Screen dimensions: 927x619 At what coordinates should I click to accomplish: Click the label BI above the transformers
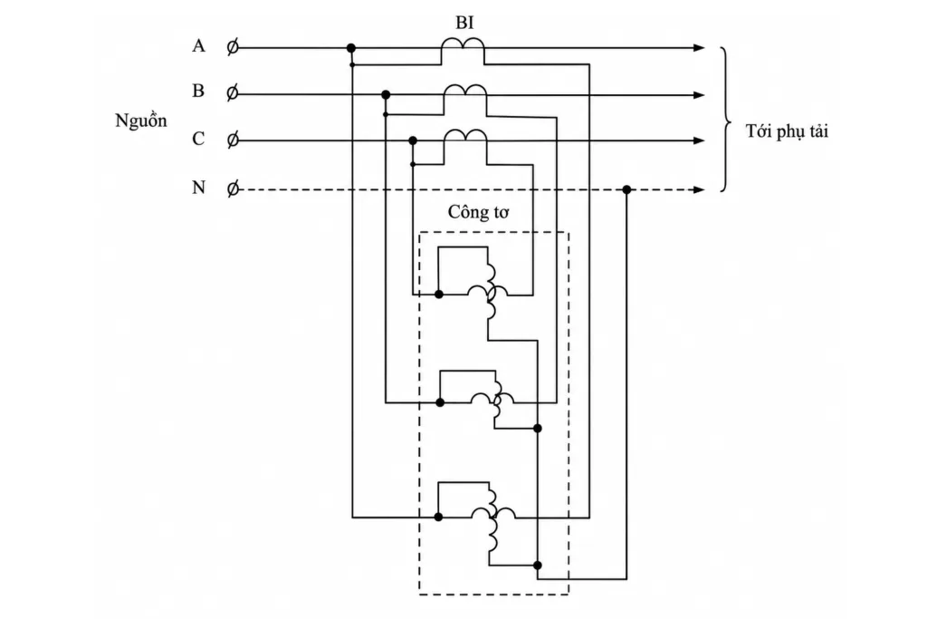464,23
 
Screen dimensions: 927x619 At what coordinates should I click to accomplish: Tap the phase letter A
198,45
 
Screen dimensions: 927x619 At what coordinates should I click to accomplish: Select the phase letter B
198,91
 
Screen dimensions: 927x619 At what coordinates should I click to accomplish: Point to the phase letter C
198,139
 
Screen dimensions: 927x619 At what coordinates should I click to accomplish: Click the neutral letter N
198,188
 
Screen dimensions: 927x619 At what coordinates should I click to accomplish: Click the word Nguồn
140,121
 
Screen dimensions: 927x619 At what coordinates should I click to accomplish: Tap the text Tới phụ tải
787,131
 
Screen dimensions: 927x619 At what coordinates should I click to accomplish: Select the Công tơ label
478,212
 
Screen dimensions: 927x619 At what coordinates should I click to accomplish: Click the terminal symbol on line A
233,47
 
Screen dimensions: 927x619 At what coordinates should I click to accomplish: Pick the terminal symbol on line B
233,93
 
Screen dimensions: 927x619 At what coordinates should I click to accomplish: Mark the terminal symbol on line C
233,140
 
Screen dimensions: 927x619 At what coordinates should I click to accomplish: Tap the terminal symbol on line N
233,189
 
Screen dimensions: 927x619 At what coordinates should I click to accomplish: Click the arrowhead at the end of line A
700,47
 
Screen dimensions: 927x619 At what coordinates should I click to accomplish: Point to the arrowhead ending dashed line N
700,190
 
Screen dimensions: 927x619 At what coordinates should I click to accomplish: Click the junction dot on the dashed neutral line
626,190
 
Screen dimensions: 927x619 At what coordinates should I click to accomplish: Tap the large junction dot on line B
386,94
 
